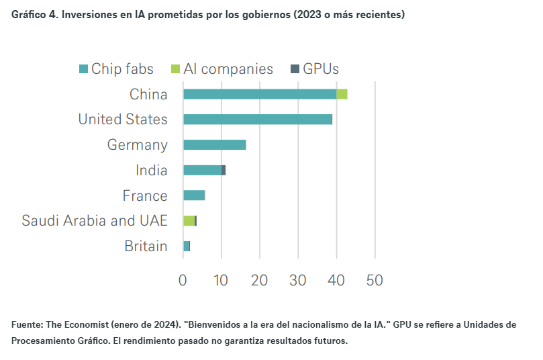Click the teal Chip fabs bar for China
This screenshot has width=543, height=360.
pyautogui.click(x=259, y=94)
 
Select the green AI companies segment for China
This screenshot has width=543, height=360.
pyautogui.click(x=342, y=94)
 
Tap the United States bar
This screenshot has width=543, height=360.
pyautogui.click(x=258, y=120)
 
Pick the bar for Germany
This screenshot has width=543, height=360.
pyautogui.click(x=215, y=145)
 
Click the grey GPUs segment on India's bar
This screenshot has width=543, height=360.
pyautogui.click(x=224, y=171)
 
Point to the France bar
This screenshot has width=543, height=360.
pyautogui.click(x=194, y=195)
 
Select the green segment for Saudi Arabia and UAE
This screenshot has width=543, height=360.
pyautogui.click(x=189, y=221)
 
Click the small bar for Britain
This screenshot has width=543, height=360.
pyautogui.click(x=187, y=246)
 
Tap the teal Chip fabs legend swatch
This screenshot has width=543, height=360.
pyautogui.click(x=83, y=69)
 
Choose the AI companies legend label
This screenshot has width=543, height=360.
pyautogui.click(x=228, y=69)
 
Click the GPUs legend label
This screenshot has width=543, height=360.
pyautogui.click(x=321, y=69)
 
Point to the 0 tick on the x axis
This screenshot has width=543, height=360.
pyautogui.click(x=183, y=280)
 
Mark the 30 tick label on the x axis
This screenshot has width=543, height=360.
pyautogui.click(x=298, y=280)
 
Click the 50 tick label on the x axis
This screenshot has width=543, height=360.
pyautogui.click(x=375, y=280)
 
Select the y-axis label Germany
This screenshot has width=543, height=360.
pyautogui.click(x=137, y=145)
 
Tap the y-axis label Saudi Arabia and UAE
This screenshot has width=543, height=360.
pyautogui.click(x=94, y=221)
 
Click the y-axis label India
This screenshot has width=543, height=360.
pyautogui.click(x=151, y=171)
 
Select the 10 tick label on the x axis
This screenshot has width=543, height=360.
pyautogui.click(x=221, y=280)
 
